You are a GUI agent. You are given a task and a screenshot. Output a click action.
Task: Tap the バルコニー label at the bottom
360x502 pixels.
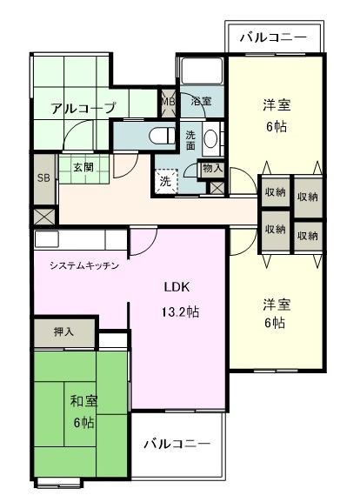pyautogui.click(x=177, y=444)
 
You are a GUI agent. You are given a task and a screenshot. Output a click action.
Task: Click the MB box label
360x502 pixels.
pyautogui.click(x=168, y=101)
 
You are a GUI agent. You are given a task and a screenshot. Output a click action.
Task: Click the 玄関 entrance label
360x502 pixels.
pyautogui.click(x=83, y=167)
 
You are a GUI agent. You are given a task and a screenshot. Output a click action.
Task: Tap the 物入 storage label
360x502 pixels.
pyautogui.click(x=211, y=168)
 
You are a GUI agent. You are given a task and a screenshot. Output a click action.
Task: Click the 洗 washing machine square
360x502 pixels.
pyautogui.click(x=165, y=181)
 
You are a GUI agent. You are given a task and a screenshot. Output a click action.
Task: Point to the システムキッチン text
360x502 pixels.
pyautogui.click(x=83, y=265)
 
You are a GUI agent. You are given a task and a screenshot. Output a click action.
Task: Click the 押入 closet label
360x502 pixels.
pyautogui.click(x=63, y=331)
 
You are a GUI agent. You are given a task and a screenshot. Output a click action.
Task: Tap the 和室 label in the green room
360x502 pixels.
pyautogui.click(x=83, y=401)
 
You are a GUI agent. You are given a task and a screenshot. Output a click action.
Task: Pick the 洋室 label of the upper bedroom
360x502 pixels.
pyautogui.click(x=277, y=105)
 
